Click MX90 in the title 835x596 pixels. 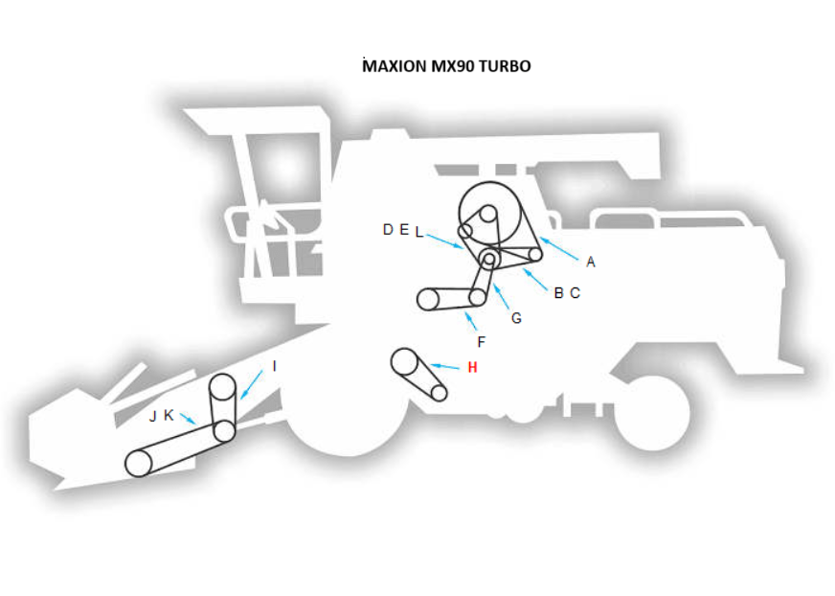pos(453,67)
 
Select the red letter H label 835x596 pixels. pos(472,367)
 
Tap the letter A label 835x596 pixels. pos(591,262)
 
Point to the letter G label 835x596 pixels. pos(516,318)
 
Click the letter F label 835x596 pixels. pos(481,342)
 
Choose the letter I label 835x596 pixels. pos(274,366)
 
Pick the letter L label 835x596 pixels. pos(418,231)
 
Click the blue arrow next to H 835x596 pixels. pos(446,365)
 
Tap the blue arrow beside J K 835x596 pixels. pos(188,419)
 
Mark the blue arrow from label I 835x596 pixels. pos(255,383)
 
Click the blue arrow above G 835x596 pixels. pos(503,293)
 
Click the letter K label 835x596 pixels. pos(169,415)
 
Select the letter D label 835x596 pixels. pos(388,230)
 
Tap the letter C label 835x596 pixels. pos(575,293)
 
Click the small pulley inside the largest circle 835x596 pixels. pos(487,213)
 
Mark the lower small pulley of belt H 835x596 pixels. pos(440,393)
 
